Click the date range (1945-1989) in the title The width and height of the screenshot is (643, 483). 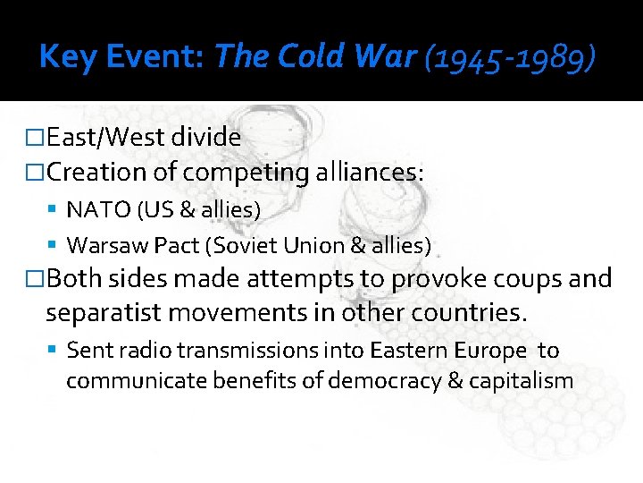(510, 58)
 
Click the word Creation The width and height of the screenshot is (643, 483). (99, 171)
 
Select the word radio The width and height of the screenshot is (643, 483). (136, 351)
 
